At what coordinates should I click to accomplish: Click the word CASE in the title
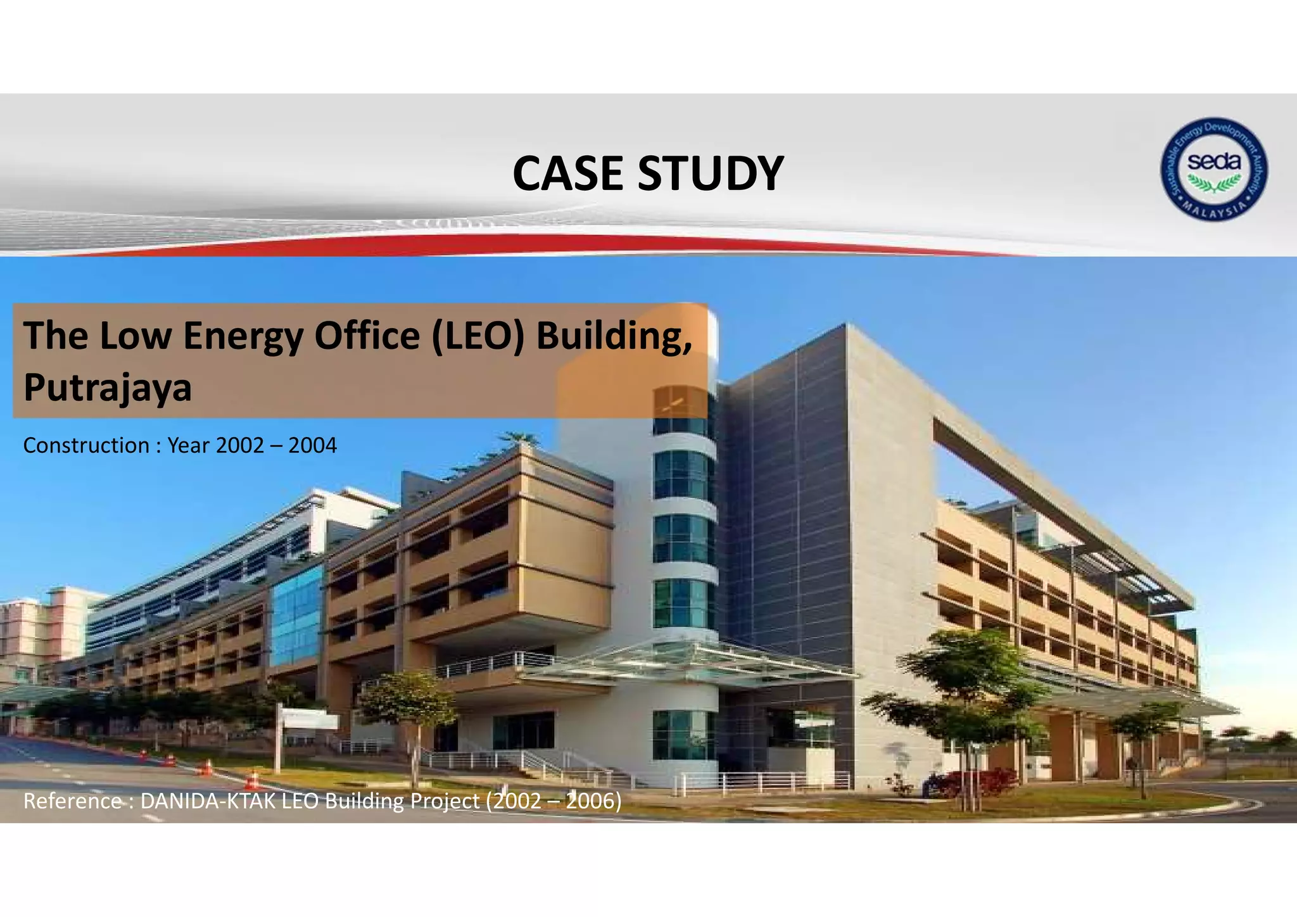[x=567, y=174]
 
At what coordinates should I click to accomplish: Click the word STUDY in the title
[x=711, y=174]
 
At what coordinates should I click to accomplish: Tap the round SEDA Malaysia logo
[x=1213, y=169]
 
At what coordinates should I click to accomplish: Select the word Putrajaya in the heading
[x=107, y=388]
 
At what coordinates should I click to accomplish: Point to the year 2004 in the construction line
[x=312, y=446]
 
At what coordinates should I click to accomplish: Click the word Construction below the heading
[x=86, y=446]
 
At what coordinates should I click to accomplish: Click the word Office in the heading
[x=367, y=335]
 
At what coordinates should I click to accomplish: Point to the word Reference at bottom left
[x=72, y=801]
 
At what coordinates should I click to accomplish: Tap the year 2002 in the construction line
[x=239, y=446]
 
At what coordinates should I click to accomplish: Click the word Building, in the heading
[x=614, y=336]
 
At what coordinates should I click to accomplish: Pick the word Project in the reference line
[x=445, y=801]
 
